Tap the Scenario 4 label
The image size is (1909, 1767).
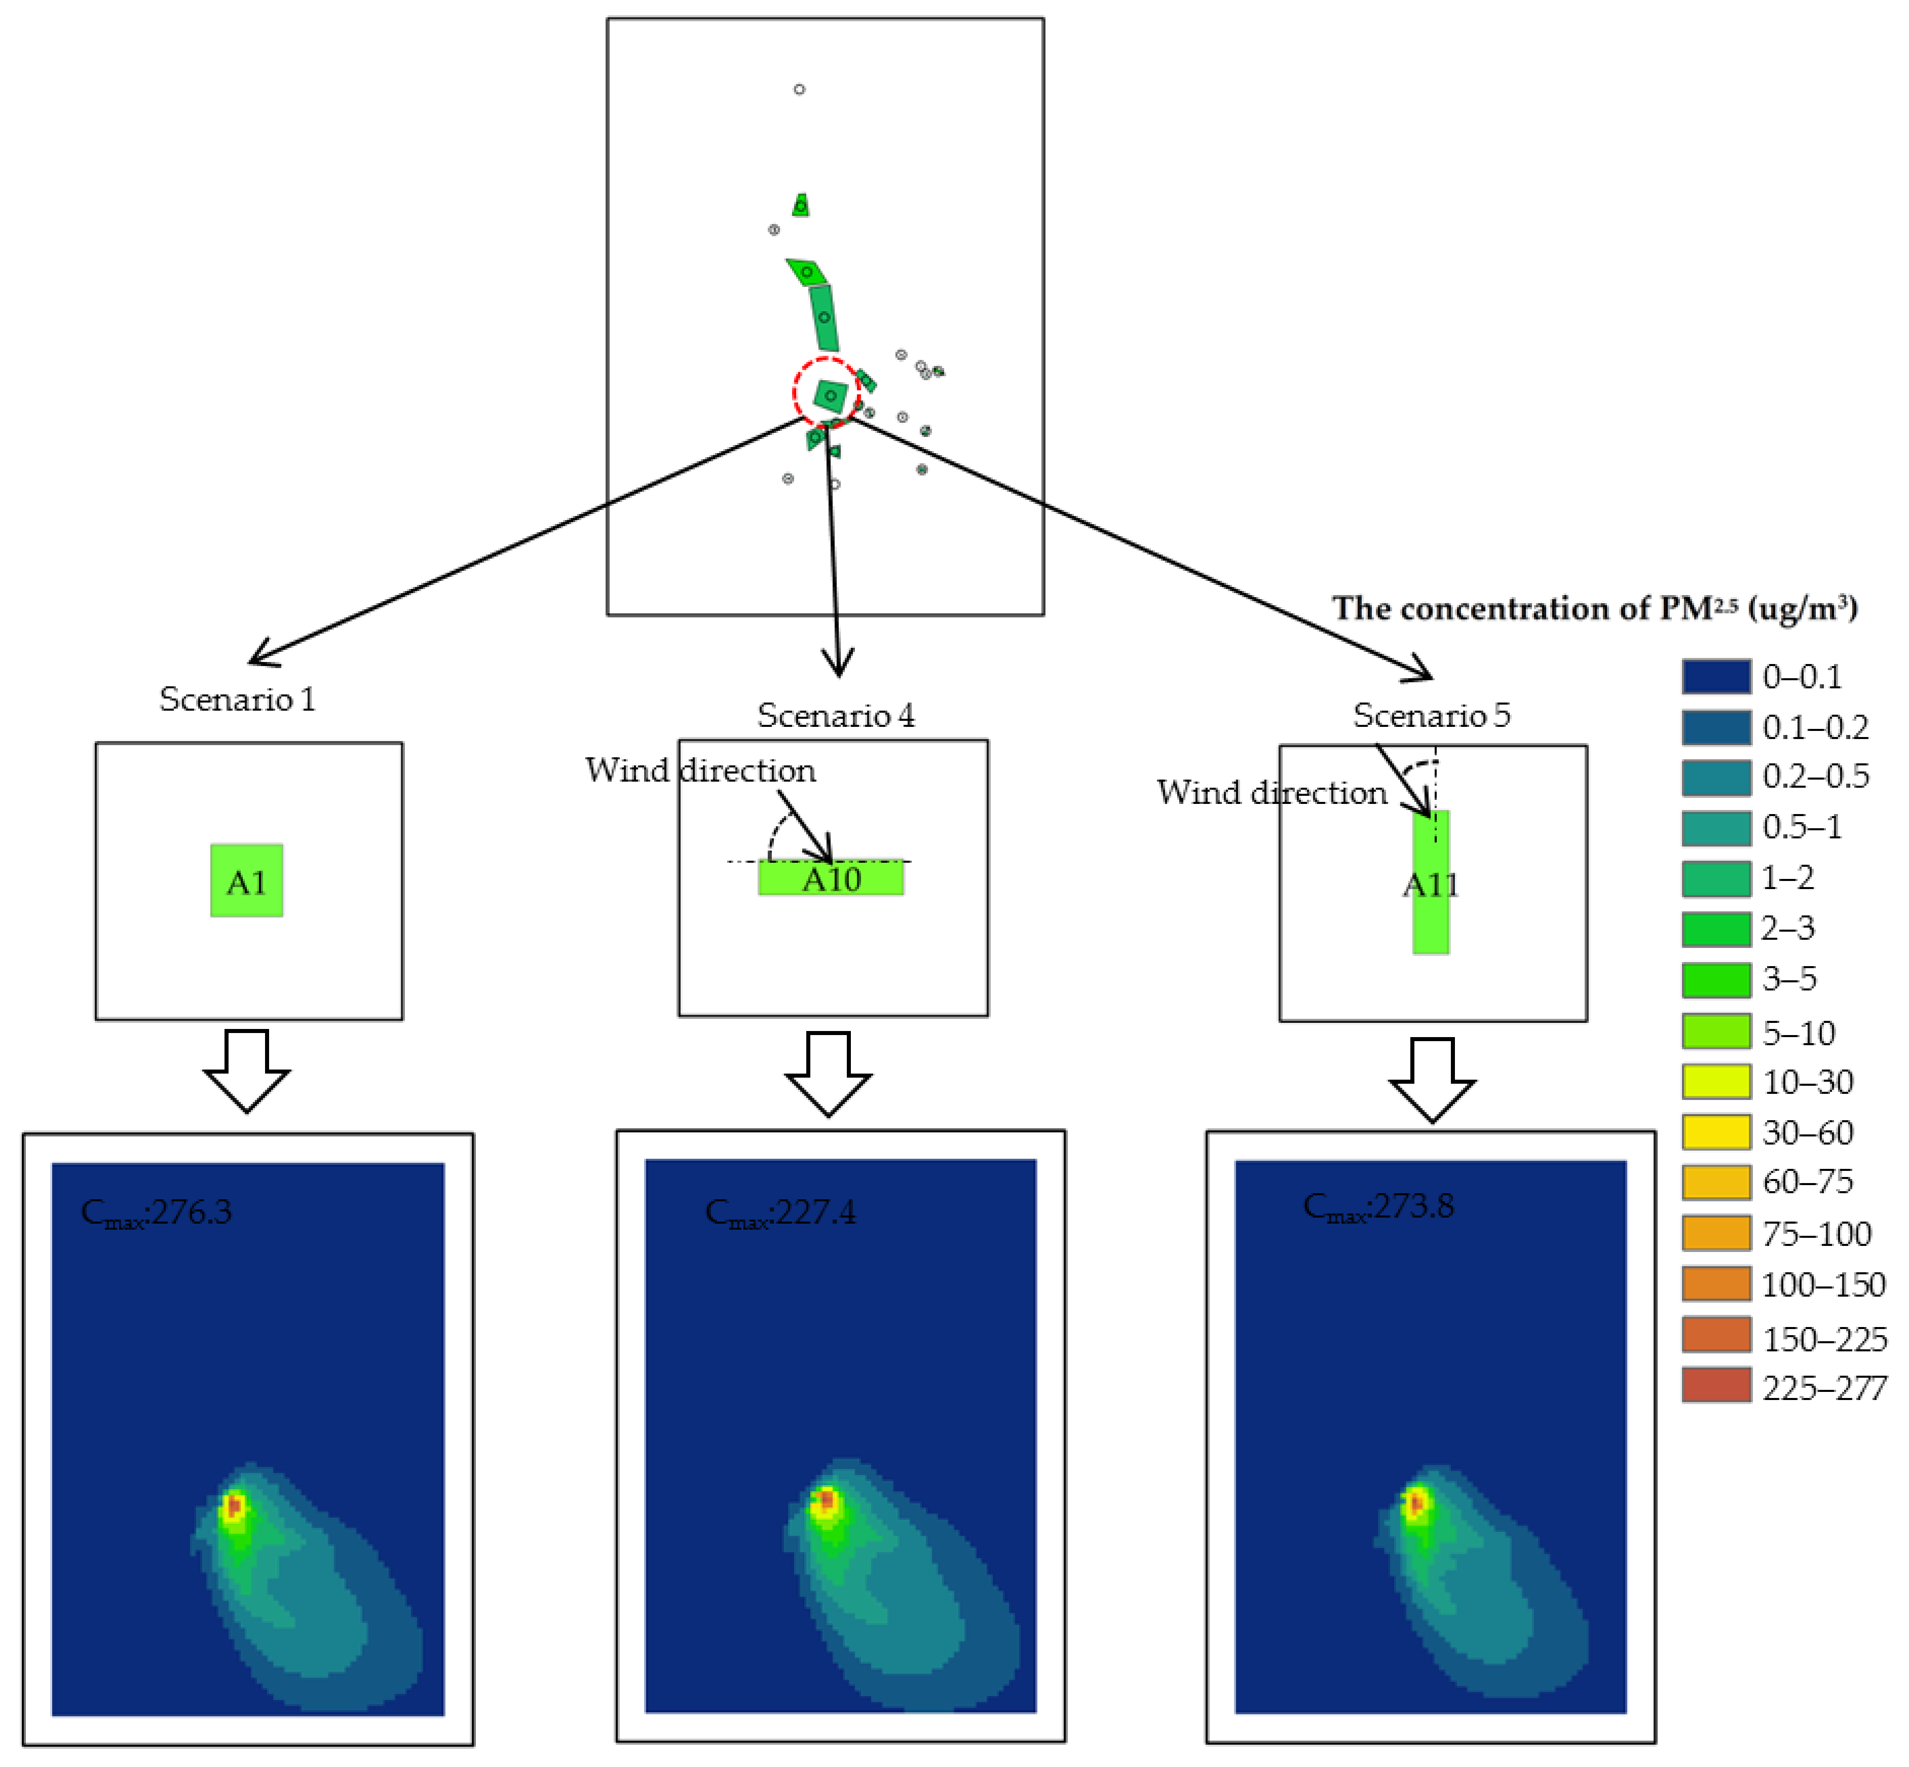(x=836, y=715)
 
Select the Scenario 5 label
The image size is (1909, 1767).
(x=1431, y=715)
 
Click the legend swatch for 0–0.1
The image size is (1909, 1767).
(x=1716, y=676)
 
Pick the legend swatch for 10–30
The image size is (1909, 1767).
(x=1716, y=1081)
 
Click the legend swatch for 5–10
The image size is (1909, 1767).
(x=1716, y=1032)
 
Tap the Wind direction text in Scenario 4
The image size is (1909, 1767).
(x=701, y=770)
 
